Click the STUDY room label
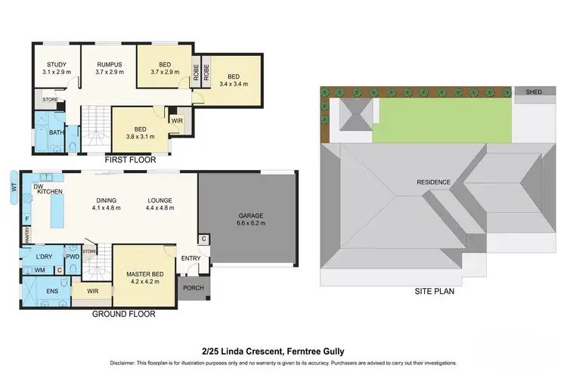pyautogui.click(x=57, y=63)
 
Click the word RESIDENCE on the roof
pyautogui.click(x=433, y=182)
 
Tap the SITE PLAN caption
pyautogui.click(x=435, y=290)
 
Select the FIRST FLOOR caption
pyautogui.click(x=130, y=160)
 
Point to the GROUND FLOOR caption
pyautogui.click(x=124, y=313)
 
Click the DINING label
pyautogui.click(x=107, y=200)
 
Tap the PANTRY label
pyautogui.click(x=27, y=237)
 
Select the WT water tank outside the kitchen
pyautogui.click(x=14, y=185)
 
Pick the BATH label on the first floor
pyautogui.click(x=56, y=133)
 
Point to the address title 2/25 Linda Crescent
pyautogui.click(x=283, y=351)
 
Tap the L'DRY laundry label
pyautogui.click(x=43, y=256)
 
